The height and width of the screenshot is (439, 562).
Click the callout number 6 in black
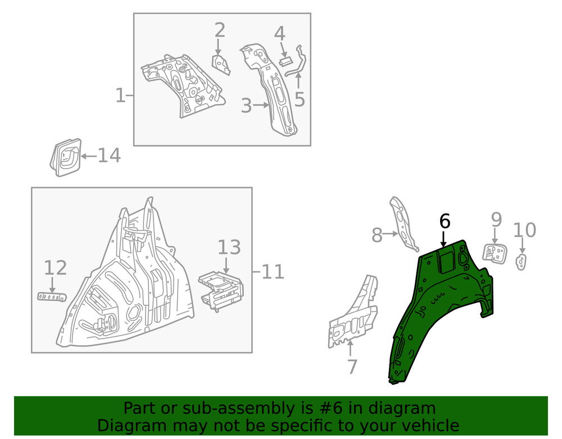pyautogui.click(x=445, y=221)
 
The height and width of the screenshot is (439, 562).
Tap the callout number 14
pyautogui.click(x=108, y=155)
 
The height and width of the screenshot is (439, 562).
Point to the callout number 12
pyautogui.click(x=55, y=268)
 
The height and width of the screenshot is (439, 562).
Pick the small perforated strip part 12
pyautogui.click(x=52, y=296)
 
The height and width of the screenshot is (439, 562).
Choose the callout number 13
pyautogui.click(x=229, y=247)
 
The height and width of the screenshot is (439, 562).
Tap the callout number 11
pyautogui.click(x=272, y=273)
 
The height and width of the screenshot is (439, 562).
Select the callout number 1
pyautogui.click(x=120, y=96)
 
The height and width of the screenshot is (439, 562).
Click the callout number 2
pyautogui.click(x=219, y=30)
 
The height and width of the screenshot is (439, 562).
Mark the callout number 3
pyautogui.click(x=246, y=105)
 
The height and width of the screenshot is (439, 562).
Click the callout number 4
pyautogui.click(x=279, y=33)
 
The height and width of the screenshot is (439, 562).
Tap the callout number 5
pyautogui.click(x=300, y=99)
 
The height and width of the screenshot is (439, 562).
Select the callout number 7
pyautogui.click(x=352, y=367)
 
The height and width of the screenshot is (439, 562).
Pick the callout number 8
pyautogui.click(x=377, y=236)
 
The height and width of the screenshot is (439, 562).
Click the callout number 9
pyautogui.click(x=496, y=219)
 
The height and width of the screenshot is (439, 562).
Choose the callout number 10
pyautogui.click(x=524, y=230)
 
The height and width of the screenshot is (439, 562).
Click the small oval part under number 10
pyautogui.click(x=522, y=262)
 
